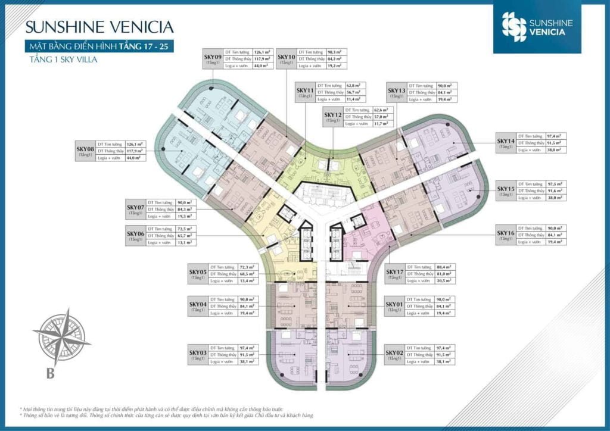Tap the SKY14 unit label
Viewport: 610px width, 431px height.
pyautogui.click(x=506, y=141)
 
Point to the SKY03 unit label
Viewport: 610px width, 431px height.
pyautogui.click(x=197, y=352)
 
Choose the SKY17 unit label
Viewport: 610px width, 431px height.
pyautogui.click(x=394, y=272)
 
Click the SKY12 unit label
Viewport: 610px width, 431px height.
pyautogui.click(x=332, y=114)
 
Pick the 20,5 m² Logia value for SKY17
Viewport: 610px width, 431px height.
pyautogui.click(x=441, y=280)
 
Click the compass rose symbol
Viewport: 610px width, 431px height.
pyautogui.click(x=61, y=338)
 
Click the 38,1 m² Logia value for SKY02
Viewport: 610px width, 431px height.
pyautogui.click(x=441, y=361)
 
